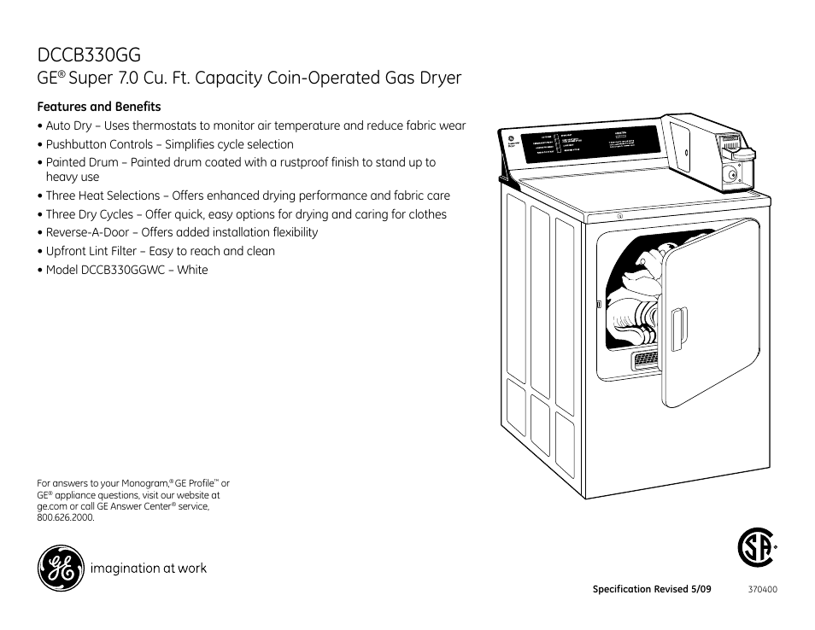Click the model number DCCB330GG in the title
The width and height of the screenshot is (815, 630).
pyautogui.click(x=89, y=55)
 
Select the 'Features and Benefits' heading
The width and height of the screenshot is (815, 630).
pyautogui.click(x=99, y=107)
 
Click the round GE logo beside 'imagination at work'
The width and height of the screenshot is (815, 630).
pyautogui.click(x=60, y=569)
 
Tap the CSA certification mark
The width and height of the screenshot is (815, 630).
pyautogui.click(x=756, y=549)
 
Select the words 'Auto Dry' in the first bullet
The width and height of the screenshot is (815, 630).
pyautogui.click(x=68, y=125)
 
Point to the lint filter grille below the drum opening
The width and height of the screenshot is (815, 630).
pyautogui.click(x=646, y=361)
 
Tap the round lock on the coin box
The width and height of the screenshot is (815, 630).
pyautogui.click(x=730, y=175)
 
